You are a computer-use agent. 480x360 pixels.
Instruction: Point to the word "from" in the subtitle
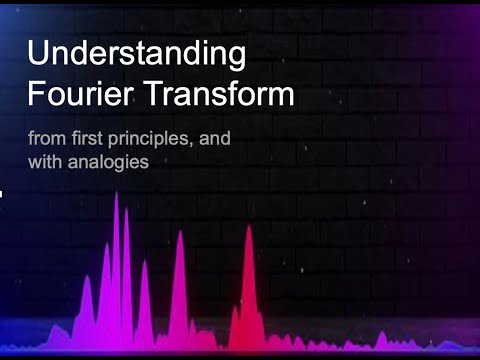(x=45, y=138)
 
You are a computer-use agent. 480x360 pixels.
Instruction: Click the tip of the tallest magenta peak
(x=116, y=192)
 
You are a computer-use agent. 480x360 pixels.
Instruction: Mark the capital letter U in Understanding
(x=38, y=53)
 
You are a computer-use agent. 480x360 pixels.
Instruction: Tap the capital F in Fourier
(x=36, y=95)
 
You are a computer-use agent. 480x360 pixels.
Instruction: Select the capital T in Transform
(x=155, y=95)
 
